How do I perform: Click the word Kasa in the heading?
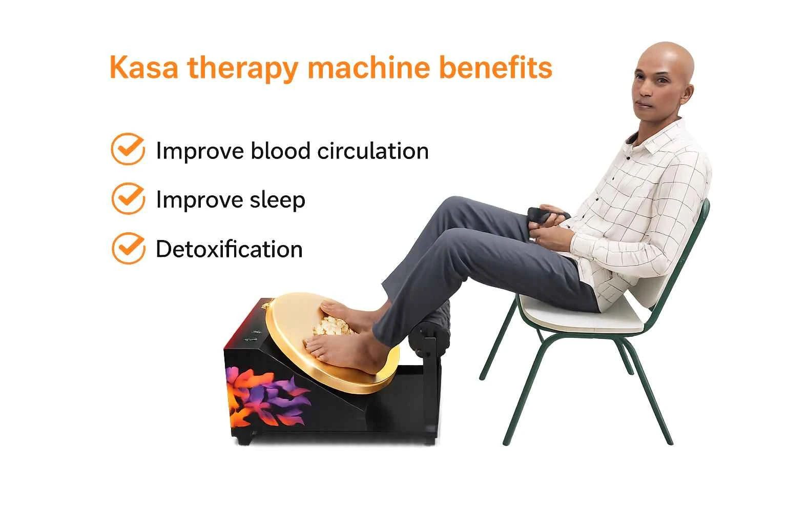[x=144, y=68]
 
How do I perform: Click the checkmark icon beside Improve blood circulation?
[x=128, y=149]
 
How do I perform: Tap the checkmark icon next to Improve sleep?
[x=128, y=198]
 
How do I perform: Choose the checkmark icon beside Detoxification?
[x=129, y=248]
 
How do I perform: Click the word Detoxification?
[x=229, y=249]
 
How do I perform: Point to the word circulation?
[x=373, y=151]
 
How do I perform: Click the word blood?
[x=281, y=151]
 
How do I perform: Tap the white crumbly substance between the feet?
[x=332, y=325]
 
